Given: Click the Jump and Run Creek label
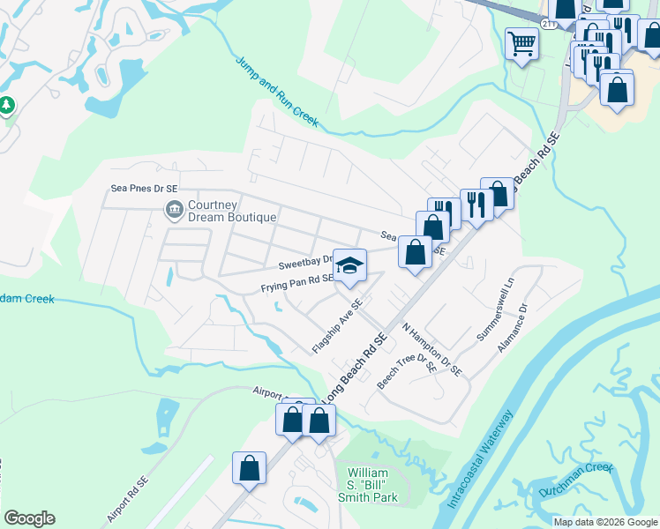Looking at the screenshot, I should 276,91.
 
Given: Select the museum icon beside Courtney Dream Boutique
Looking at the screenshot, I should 174,210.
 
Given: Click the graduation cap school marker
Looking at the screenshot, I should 349,265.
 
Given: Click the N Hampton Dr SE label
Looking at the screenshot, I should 431,348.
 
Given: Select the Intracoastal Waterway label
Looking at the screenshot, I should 479,459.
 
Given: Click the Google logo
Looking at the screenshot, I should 29,518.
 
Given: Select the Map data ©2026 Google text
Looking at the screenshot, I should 605,522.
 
